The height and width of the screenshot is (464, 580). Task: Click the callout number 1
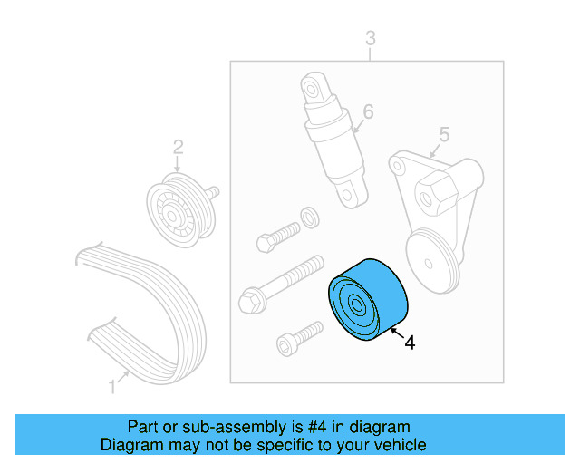pos(112,387)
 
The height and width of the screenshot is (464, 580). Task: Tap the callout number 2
pos(178,146)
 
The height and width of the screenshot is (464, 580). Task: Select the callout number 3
pos(370,37)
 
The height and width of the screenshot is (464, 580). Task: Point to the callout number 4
pos(410,343)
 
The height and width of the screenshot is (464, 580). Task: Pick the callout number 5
pos(443,135)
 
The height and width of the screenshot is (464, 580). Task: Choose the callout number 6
pos(367,111)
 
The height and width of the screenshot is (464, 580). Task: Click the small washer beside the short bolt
pos(308,217)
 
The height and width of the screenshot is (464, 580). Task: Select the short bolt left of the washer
pos(277,235)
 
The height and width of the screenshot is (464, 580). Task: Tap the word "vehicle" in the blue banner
pos(396,445)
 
